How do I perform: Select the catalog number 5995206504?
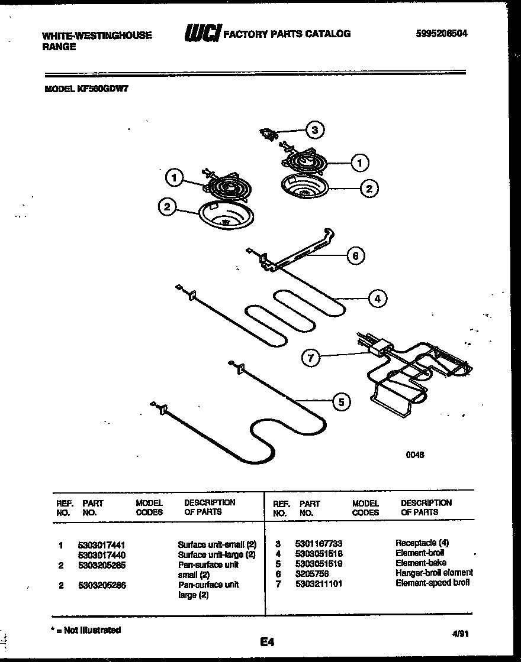(442, 34)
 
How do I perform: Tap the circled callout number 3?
(315, 130)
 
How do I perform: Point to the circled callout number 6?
(355, 255)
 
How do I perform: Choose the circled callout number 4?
(377, 298)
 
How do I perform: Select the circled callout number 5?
(340, 403)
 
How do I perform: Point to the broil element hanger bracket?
(296, 251)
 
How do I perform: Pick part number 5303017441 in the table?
(101, 544)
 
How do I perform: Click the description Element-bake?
(420, 563)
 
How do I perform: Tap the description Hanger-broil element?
(434, 573)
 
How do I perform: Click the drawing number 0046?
(414, 455)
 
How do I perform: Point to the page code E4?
(266, 641)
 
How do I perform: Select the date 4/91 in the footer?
(460, 632)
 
